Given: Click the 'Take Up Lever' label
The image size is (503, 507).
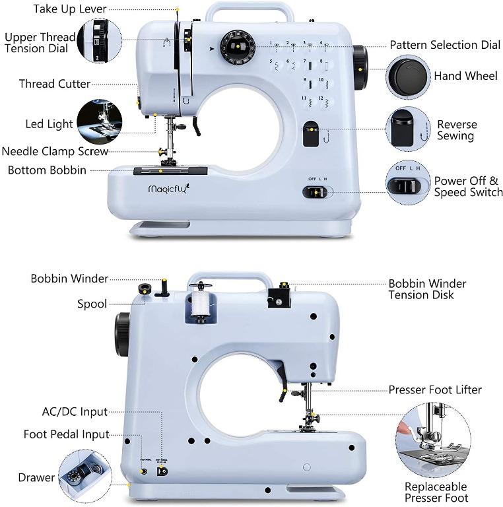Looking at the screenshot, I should [70, 9].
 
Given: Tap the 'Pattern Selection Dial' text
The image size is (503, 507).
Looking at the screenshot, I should [444, 45].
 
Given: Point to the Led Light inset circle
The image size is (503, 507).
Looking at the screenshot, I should [99, 122].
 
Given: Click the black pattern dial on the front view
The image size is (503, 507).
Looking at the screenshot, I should [236, 46].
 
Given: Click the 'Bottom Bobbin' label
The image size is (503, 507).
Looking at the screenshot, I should [47, 170].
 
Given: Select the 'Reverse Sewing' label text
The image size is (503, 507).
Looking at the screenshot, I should [456, 130].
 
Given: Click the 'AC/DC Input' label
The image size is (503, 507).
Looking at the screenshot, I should [75, 412].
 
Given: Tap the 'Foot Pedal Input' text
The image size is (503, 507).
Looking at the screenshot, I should [66, 434].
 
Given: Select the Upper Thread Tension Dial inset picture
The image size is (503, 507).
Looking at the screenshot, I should [100, 41].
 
